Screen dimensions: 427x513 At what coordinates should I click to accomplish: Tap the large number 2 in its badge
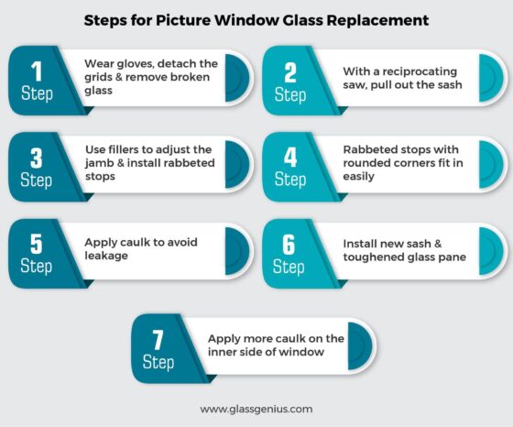point(289,71)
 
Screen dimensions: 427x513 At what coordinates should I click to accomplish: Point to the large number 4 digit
point(289,157)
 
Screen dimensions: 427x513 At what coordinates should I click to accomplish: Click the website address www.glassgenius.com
point(256,409)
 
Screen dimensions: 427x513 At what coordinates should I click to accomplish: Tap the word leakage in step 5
point(107,257)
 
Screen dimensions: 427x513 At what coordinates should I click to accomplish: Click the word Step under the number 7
point(158,363)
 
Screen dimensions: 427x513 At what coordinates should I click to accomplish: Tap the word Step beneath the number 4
point(289,180)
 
